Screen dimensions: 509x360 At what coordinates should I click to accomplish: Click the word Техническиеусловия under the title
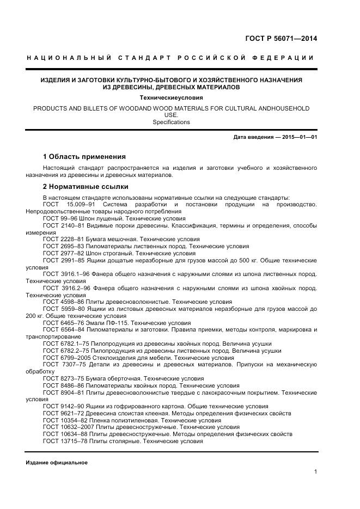pyautogui.click(x=172, y=97)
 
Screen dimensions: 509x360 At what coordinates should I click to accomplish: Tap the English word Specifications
pyautogui.click(x=172, y=122)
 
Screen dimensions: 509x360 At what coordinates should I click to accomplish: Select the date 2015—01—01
pyautogui.click(x=300, y=137)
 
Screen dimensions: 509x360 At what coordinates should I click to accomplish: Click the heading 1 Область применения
pyautogui.click(x=84, y=157)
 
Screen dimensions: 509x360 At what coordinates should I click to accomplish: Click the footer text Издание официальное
pyautogui.click(x=57, y=463)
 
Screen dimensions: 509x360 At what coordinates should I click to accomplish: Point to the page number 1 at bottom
pyautogui.click(x=315, y=471)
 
